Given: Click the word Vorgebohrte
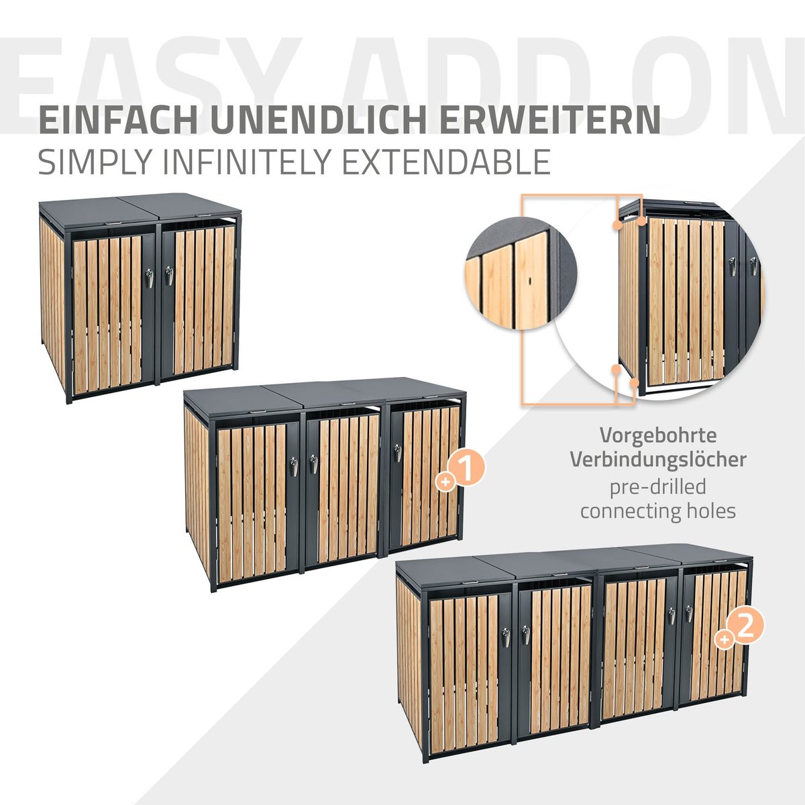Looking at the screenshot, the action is click(658, 435).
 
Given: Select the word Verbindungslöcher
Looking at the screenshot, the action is click(658, 460).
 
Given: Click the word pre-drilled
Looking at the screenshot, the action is click(658, 487).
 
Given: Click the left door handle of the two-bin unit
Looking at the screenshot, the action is click(150, 278).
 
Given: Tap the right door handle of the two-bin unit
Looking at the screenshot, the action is click(169, 275).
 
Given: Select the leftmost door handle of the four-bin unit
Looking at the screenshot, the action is click(506, 637).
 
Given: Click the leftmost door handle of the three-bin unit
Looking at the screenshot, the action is click(294, 467).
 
